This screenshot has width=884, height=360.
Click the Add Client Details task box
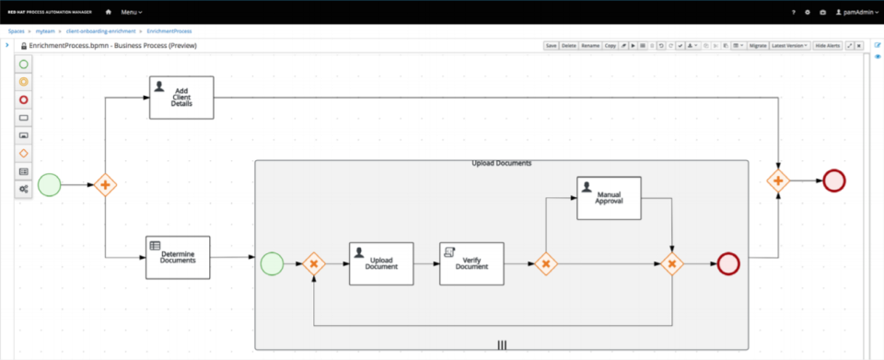[x=181, y=98]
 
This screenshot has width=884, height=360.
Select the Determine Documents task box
[x=178, y=257]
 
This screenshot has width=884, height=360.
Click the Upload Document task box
[x=381, y=264]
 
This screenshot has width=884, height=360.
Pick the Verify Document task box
[x=471, y=264]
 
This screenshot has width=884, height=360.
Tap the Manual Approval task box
[x=609, y=198]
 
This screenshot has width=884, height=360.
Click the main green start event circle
[x=49, y=185]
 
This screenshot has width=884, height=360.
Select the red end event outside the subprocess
[x=835, y=180]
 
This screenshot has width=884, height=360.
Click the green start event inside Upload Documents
[x=272, y=264]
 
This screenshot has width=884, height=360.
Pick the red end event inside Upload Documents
[x=728, y=264]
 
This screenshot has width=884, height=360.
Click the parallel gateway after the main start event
[x=106, y=185]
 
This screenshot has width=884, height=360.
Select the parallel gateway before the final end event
[x=778, y=180]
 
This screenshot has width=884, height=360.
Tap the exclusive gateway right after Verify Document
[x=545, y=264]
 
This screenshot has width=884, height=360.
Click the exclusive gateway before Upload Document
[x=314, y=264]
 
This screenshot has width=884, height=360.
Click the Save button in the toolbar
[x=551, y=45]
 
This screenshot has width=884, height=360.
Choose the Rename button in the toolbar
[x=589, y=45]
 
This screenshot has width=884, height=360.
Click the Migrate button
[x=757, y=45]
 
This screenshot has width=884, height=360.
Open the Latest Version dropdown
[x=790, y=45]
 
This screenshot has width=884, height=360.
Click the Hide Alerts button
[x=827, y=45]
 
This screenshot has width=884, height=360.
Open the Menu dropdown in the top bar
[x=132, y=12]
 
